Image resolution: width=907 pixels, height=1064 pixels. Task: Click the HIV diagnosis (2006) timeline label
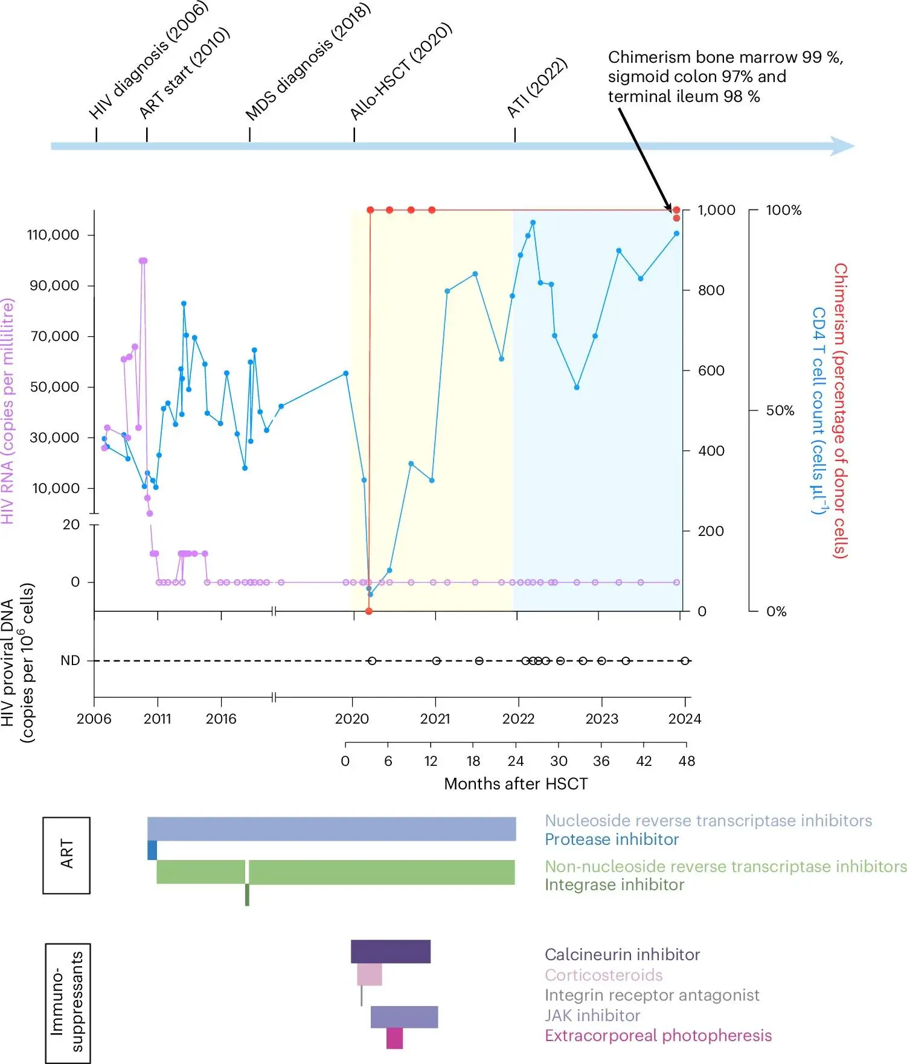pyautogui.click(x=147, y=60)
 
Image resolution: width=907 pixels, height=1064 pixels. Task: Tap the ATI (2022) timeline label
pyautogui.click(x=536, y=88)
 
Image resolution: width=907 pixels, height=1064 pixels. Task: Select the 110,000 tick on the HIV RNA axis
pyautogui.click(x=53, y=235)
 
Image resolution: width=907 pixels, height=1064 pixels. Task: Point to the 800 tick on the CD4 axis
pyautogui.click(x=711, y=290)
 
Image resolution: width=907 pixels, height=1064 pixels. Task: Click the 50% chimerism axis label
pyautogui.click(x=780, y=411)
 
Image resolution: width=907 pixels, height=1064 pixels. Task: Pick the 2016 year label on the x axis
pyautogui.click(x=221, y=719)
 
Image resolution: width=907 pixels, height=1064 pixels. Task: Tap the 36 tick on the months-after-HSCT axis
pyautogui.click(x=601, y=761)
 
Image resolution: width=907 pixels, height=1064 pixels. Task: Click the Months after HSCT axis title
pyautogui.click(x=516, y=784)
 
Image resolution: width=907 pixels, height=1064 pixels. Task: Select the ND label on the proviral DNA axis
pyautogui.click(x=70, y=661)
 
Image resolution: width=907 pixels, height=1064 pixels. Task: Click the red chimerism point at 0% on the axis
pyautogui.click(x=369, y=611)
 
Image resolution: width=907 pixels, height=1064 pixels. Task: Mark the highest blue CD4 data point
pyautogui.click(x=533, y=223)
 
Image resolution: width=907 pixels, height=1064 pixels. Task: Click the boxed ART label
pyautogui.click(x=66, y=855)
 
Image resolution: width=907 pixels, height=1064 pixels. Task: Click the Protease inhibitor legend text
pyautogui.click(x=611, y=839)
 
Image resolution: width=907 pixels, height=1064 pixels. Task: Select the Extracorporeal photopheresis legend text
pyautogui.click(x=658, y=1036)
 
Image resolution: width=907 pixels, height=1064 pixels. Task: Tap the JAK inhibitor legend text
pyautogui.click(x=592, y=1016)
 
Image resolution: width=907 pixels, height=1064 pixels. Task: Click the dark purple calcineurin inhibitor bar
pyautogui.click(x=391, y=951)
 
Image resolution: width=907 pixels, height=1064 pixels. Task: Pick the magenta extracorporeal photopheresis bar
pyautogui.click(x=394, y=1039)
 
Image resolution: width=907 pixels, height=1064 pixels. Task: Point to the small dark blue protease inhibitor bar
pyautogui.click(x=152, y=850)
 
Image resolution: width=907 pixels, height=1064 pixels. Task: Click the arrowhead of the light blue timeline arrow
pyautogui.click(x=844, y=146)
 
